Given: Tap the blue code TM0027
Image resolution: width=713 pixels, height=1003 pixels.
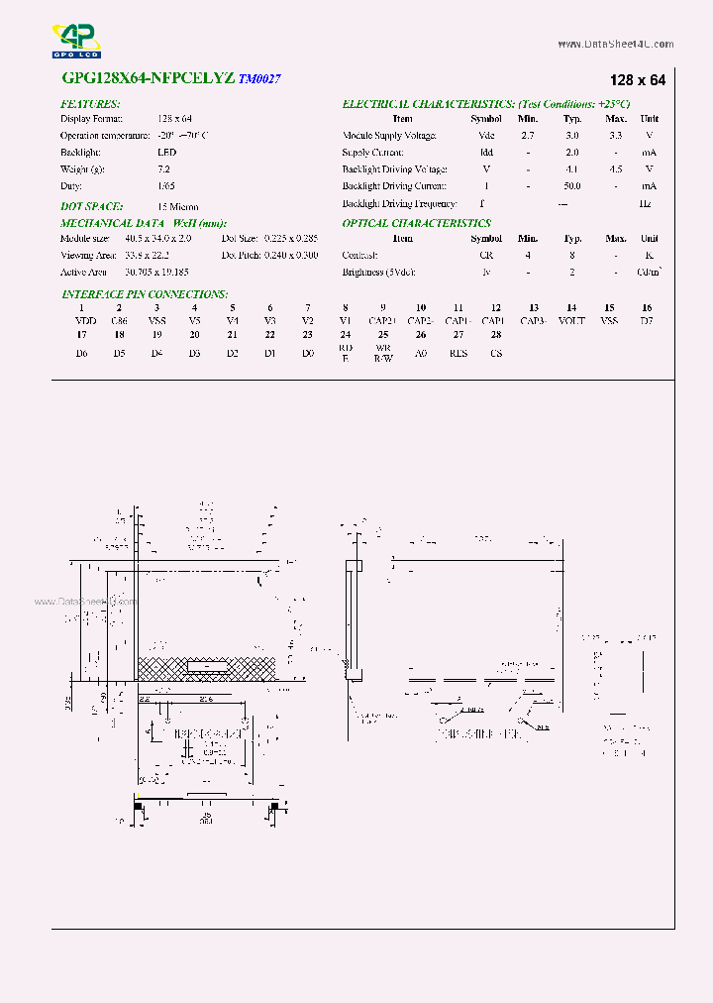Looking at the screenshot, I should pyautogui.click(x=259, y=79).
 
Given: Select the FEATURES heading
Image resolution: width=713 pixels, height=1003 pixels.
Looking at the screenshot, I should pyautogui.click(x=90, y=104).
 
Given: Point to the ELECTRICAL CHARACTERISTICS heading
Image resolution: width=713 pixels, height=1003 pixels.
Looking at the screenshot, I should pyautogui.click(x=485, y=104).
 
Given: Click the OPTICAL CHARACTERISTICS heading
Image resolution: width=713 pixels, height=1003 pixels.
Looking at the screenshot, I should pyautogui.click(x=416, y=224).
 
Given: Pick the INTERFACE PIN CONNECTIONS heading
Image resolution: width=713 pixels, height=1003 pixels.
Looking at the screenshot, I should pyautogui.click(x=144, y=294).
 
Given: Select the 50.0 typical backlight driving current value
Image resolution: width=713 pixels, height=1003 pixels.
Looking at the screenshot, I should pyautogui.click(x=571, y=186).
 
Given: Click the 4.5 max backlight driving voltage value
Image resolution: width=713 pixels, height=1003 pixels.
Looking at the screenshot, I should pyautogui.click(x=615, y=169).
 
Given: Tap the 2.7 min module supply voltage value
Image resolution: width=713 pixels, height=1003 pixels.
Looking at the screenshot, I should pyautogui.click(x=527, y=136).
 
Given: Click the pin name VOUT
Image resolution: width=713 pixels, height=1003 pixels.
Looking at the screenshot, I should pyautogui.click(x=571, y=321).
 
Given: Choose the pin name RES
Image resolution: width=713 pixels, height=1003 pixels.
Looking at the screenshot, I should pyautogui.click(x=458, y=353).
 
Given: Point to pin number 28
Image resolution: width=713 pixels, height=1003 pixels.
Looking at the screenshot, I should pyautogui.click(x=495, y=335).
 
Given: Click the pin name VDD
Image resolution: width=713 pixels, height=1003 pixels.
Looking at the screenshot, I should pyautogui.click(x=85, y=321).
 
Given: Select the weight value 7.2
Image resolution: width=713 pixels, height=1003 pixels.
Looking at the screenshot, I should pyautogui.click(x=164, y=169).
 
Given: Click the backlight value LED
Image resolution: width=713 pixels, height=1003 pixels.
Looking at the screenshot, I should pyautogui.click(x=166, y=153).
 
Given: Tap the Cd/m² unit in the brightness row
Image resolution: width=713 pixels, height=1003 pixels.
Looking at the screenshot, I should pyautogui.click(x=649, y=272).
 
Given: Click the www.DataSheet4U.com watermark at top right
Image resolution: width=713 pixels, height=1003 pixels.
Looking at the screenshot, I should pyautogui.click(x=615, y=45).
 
